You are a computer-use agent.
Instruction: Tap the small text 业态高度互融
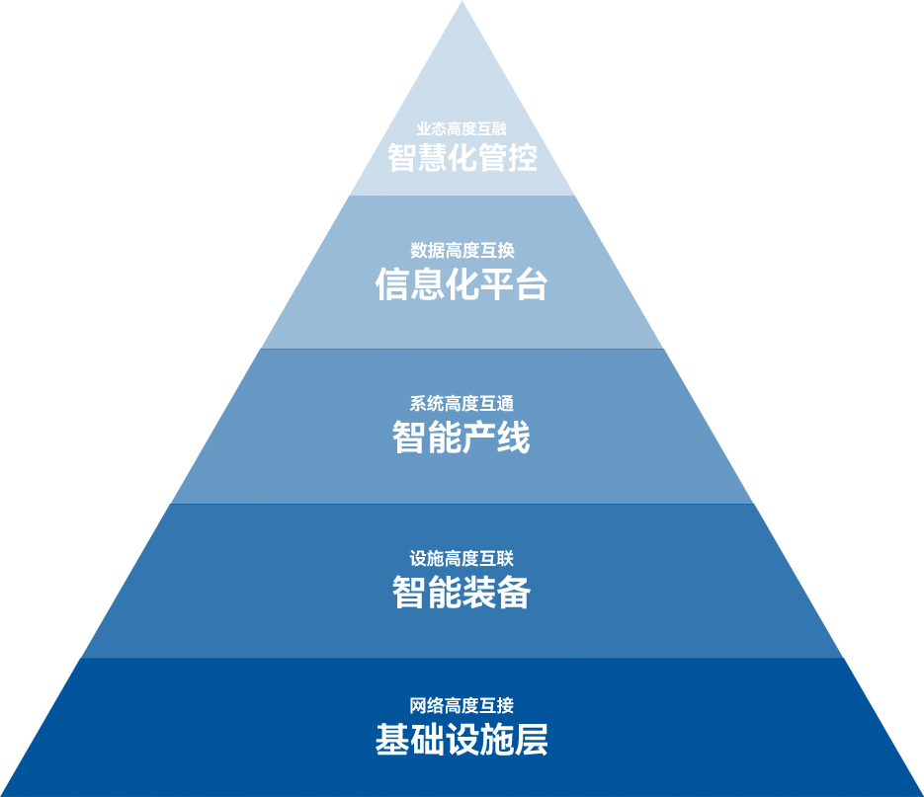pos(462,128)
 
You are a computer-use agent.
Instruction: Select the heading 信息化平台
pos(462,284)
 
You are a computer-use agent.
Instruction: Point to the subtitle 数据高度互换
pos(462,251)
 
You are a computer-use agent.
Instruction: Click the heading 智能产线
pos(462,437)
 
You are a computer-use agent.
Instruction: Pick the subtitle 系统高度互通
pos(462,404)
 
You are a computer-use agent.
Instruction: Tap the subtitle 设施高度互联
pos(462,559)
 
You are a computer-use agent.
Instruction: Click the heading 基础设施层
pos(462,740)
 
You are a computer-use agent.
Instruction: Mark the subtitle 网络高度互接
pos(462,706)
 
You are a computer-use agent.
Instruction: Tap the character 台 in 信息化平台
pos(532,284)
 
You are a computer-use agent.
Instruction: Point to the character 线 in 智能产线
pos(513,437)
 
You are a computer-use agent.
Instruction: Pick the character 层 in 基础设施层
pos(532,740)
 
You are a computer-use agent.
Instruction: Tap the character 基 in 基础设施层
pos(392,740)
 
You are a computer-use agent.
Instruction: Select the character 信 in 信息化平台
pos(392,284)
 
